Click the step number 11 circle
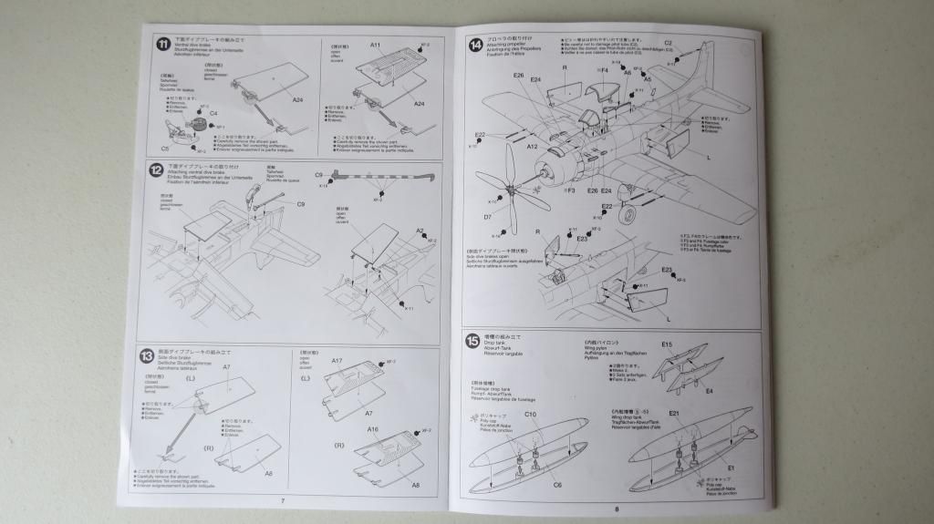coord(161,45)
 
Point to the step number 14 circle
coord(475,45)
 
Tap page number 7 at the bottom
coord(283,500)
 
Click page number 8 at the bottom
coord(617,509)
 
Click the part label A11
coord(375,45)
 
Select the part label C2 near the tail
coord(668,43)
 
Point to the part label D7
coord(488,217)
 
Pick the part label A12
coord(532,146)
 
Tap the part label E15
coord(667,344)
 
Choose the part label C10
coord(530,415)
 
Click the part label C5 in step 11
coord(165,148)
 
